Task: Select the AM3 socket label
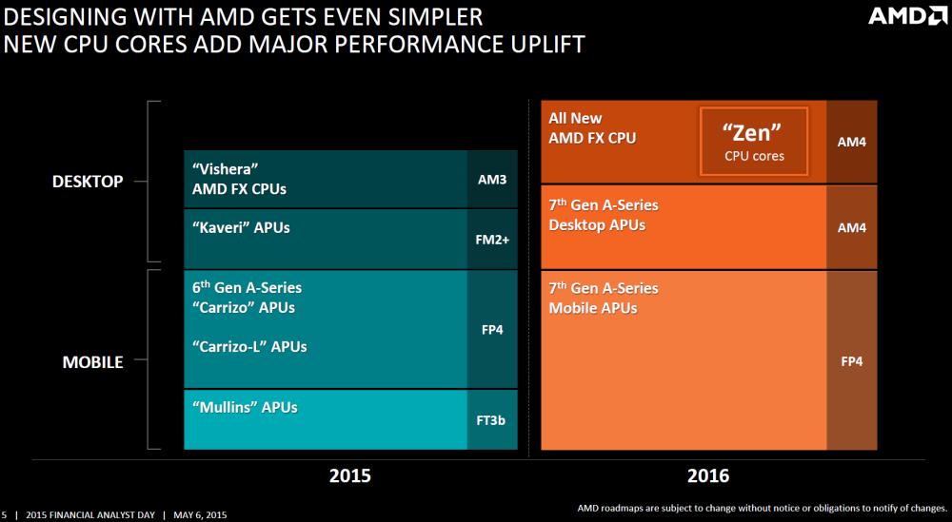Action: click(x=492, y=178)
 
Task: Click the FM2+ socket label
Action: click(x=492, y=240)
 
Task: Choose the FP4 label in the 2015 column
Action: click(x=492, y=330)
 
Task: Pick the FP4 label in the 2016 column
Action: click(x=852, y=360)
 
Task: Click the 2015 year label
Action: click(x=349, y=475)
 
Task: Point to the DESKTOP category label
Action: click(x=88, y=181)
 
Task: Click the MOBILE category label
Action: click(x=92, y=361)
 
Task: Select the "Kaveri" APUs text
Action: click(x=241, y=228)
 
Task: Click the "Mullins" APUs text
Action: click(x=245, y=407)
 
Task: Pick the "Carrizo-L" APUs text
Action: click(x=249, y=346)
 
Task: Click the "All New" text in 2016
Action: click(x=575, y=119)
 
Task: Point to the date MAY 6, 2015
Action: click(x=201, y=514)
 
